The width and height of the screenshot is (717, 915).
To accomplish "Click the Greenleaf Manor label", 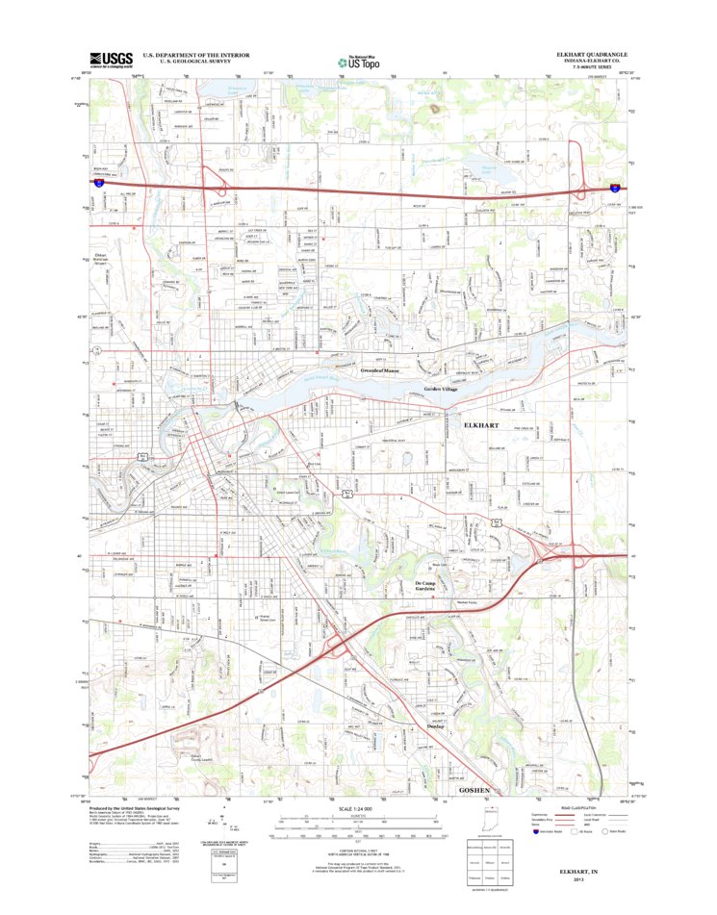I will [x=381, y=369].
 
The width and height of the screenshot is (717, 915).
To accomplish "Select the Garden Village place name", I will [x=442, y=389].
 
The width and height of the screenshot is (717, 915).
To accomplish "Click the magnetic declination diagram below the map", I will [x=234, y=826].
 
